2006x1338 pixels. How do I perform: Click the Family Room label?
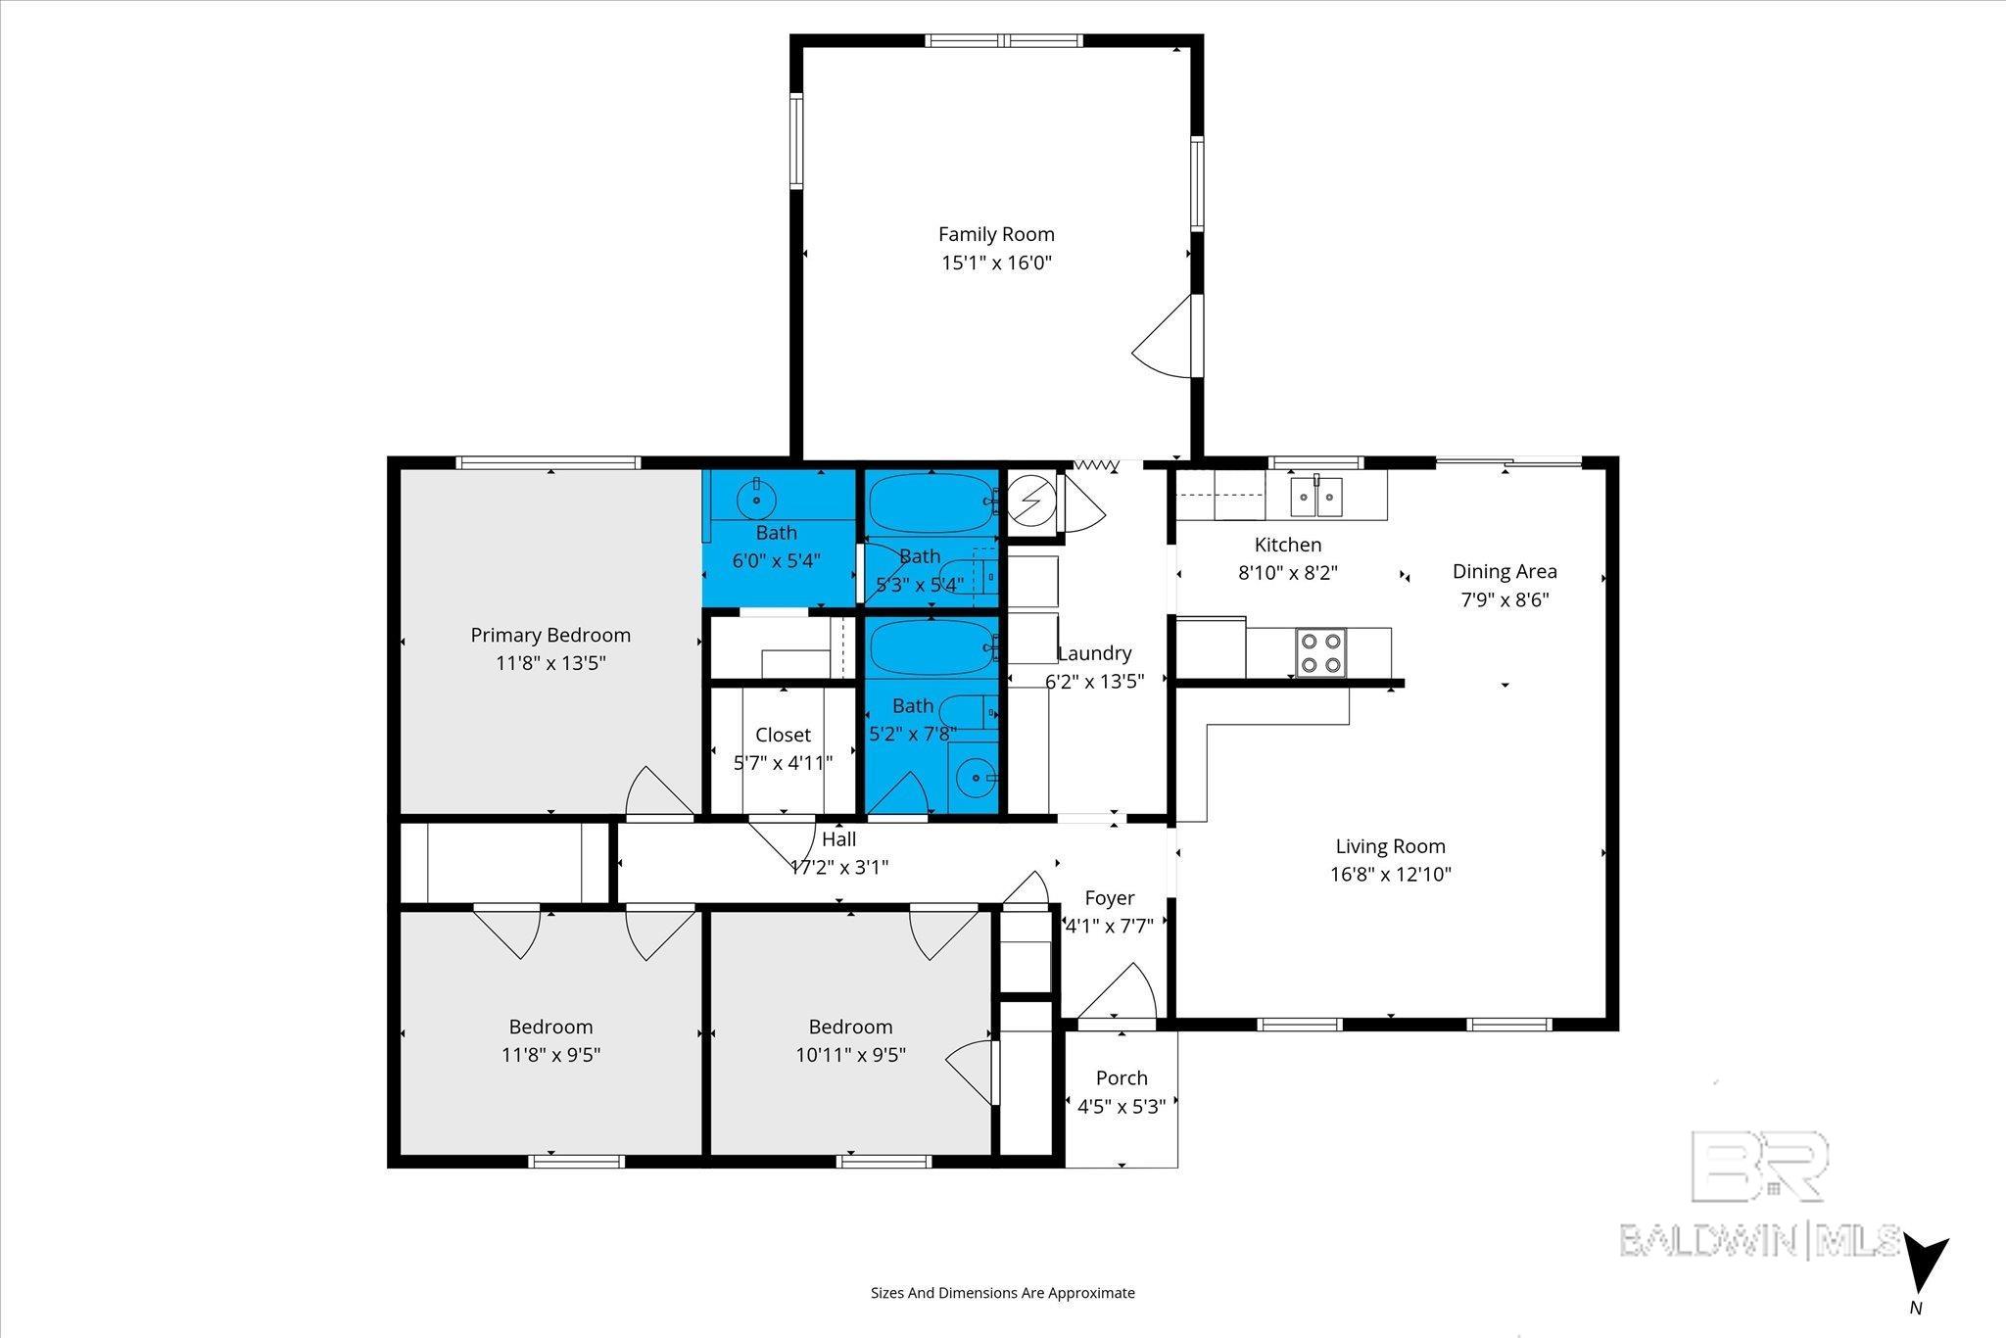pos(996,234)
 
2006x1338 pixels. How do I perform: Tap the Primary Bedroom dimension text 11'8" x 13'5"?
pos(550,663)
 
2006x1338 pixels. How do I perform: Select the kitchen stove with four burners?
pos(1319,652)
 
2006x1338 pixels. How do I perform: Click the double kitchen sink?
pos(1315,496)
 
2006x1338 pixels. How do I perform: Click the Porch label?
pos(1122,1077)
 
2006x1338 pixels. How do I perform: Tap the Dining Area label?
pos(1504,571)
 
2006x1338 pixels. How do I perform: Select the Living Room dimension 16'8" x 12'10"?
pos(1390,874)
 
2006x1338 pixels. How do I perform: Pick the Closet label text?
pos(784,735)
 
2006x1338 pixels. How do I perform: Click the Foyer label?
pos(1110,898)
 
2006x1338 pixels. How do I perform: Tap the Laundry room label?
pos(1095,653)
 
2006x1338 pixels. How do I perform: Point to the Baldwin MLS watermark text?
pos(1759,1240)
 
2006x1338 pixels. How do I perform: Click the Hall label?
pos(839,839)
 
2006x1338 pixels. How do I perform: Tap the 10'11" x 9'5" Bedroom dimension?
pos(850,1055)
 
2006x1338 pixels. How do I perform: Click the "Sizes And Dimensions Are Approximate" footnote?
pos(1003,1293)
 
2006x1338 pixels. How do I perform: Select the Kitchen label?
pos(1288,545)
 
